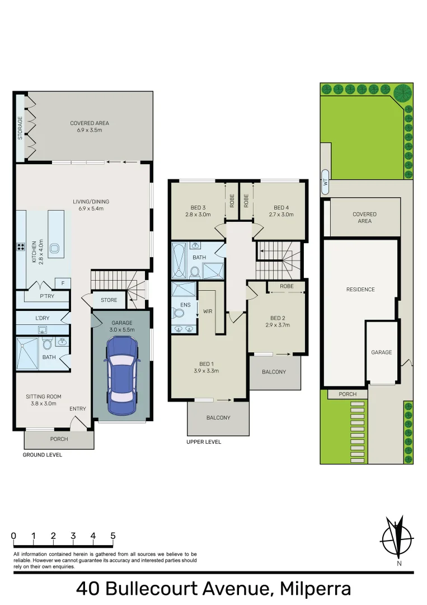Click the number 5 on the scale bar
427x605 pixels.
click(113, 536)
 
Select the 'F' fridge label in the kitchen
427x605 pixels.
click(63, 283)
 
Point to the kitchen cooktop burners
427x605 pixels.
click(21, 246)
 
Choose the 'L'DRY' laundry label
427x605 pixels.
click(43, 318)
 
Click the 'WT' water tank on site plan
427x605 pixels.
click(325, 182)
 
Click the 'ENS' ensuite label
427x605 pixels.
click(186, 305)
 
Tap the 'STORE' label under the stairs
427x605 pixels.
click(109, 300)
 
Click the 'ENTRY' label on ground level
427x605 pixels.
click(78, 409)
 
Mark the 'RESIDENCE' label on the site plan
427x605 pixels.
click(360, 290)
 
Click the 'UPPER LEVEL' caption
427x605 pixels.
click(204, 442)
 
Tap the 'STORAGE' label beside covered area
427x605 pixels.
click(21, 128)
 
